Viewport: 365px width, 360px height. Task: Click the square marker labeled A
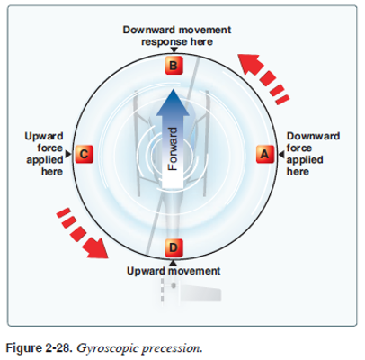263,154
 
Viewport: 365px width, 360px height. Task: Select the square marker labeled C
83,154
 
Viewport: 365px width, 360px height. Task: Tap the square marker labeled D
174,246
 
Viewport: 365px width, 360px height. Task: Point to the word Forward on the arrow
175,148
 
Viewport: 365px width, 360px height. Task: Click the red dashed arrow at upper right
265,76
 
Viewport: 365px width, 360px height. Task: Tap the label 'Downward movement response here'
176,36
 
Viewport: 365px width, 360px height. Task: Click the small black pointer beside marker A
279,155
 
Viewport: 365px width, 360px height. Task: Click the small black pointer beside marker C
69,155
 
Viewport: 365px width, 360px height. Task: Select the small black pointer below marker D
174,259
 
